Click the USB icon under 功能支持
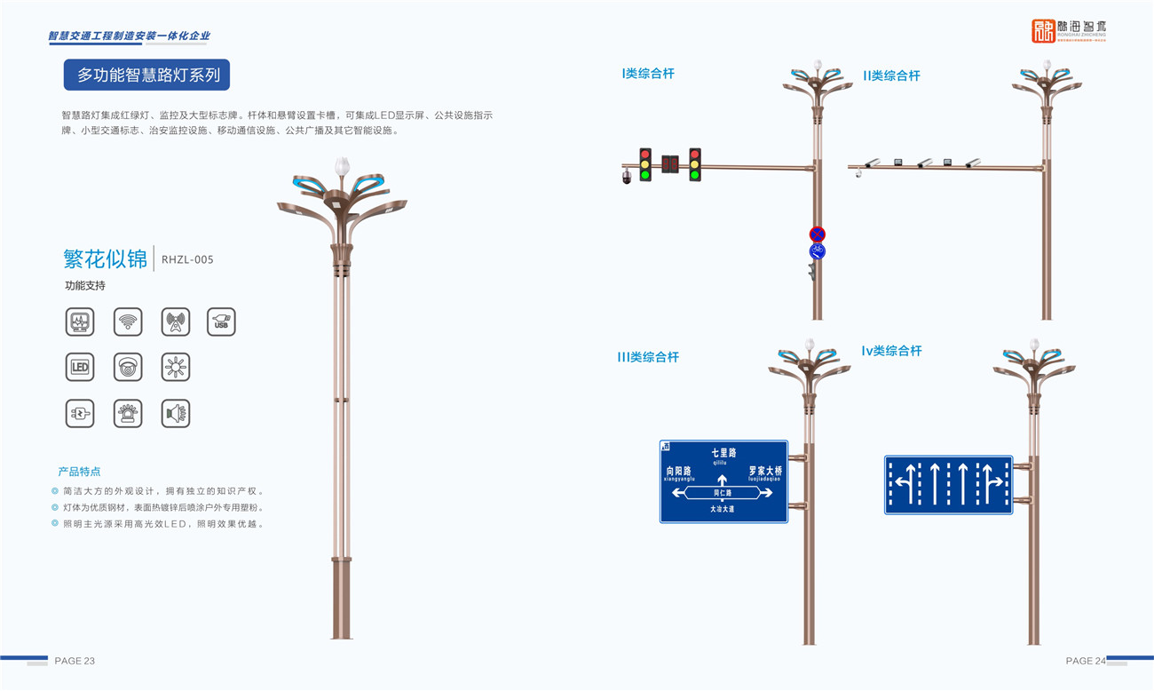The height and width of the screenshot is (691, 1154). (221, 322)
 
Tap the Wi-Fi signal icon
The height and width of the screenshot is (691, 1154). (128, 322)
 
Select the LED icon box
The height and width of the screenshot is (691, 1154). (80, 367)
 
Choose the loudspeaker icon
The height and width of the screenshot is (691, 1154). (176, 413)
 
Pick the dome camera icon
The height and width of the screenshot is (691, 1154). (128, 367)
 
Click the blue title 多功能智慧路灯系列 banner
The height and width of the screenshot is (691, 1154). (147, 75)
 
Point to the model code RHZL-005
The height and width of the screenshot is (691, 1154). (187, 259)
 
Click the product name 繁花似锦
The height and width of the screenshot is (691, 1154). (105, 258)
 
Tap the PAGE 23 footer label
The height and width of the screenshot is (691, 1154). (75, 661)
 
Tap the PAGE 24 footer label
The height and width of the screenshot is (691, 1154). (1086, 661)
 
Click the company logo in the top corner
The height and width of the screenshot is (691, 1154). (1069, 31)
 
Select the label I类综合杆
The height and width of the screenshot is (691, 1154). (648, 74)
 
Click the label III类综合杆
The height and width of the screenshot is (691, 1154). (648, 357)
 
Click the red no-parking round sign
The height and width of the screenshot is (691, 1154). (818, 234)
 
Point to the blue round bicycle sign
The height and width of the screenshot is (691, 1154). (818, 252)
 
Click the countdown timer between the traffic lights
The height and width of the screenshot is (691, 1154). (670, 163)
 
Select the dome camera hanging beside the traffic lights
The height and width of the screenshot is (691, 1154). (627, 177)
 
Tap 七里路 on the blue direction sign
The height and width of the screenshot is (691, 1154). (723, 453)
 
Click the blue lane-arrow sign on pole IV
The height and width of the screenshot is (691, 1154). (948, 485)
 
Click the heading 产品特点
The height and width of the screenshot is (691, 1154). (79, 472)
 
